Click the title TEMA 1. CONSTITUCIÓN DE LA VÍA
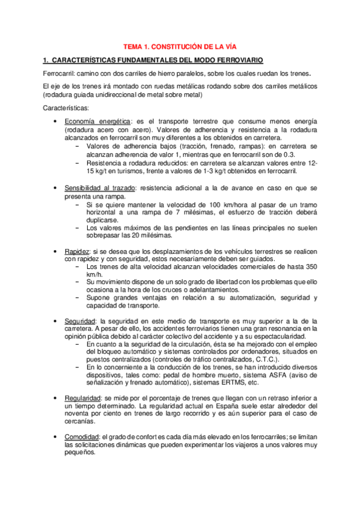coord(179,46)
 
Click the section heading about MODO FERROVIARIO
coord(153,60)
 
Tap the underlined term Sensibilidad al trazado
coord(100,188)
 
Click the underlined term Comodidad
coord(82,437)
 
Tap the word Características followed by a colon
coord(66,108)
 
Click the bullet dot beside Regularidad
coord(56,398)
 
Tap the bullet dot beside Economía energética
coord(56,121)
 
